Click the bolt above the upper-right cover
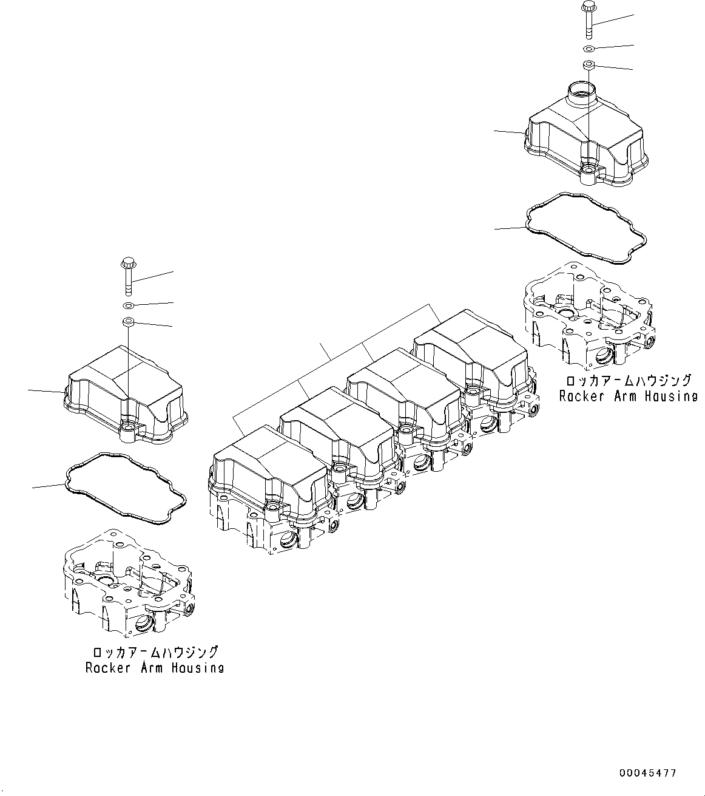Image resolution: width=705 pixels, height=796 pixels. [589, 21]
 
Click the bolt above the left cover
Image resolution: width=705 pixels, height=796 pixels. [128, 276]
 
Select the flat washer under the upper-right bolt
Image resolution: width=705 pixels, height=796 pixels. [589, 49]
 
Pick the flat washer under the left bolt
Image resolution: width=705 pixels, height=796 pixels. [129, 305]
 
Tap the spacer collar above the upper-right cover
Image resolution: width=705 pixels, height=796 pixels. [589, 65]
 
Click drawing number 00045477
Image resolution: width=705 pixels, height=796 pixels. [648, 773]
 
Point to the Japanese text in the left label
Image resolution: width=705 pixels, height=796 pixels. [155, 652]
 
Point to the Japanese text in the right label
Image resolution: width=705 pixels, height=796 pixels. [629, 380]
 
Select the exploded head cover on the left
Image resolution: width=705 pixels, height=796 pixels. [126, 395]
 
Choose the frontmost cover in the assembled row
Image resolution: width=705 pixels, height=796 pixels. [271, 475]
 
